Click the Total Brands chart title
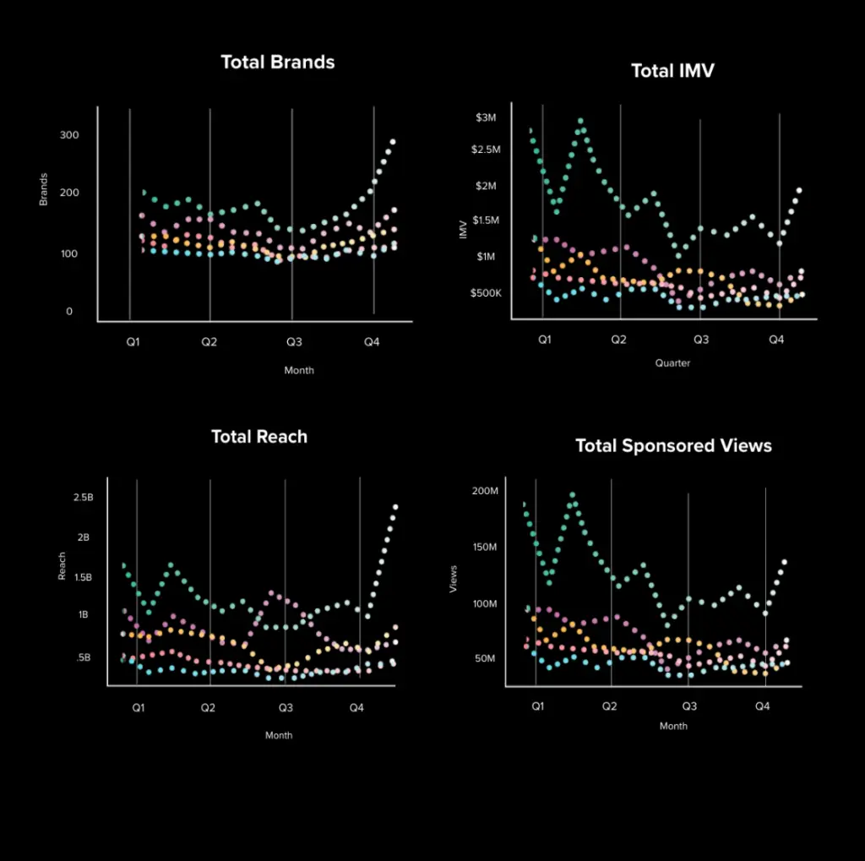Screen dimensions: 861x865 point(277,63)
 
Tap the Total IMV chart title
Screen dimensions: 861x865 point(672,71)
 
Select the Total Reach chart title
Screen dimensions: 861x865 point(259,437)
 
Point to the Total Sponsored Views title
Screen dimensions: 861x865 point(673,446)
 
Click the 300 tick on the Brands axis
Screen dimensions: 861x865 point(69,135)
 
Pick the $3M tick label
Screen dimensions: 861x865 point(486,117)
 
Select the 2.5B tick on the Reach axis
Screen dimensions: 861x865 point(83,498)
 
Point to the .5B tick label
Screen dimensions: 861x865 point(83,657)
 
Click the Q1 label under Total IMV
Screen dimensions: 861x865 point(544,340)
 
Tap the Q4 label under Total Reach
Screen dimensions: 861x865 point(356,708)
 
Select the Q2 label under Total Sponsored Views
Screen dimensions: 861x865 point(608,706)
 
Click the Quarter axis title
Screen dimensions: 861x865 point(672,363)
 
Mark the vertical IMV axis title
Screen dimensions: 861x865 point(463,229)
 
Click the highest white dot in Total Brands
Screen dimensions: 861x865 point(392,142)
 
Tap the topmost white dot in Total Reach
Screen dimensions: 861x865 point(394,507)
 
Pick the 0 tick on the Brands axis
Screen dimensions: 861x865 point(69,312)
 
